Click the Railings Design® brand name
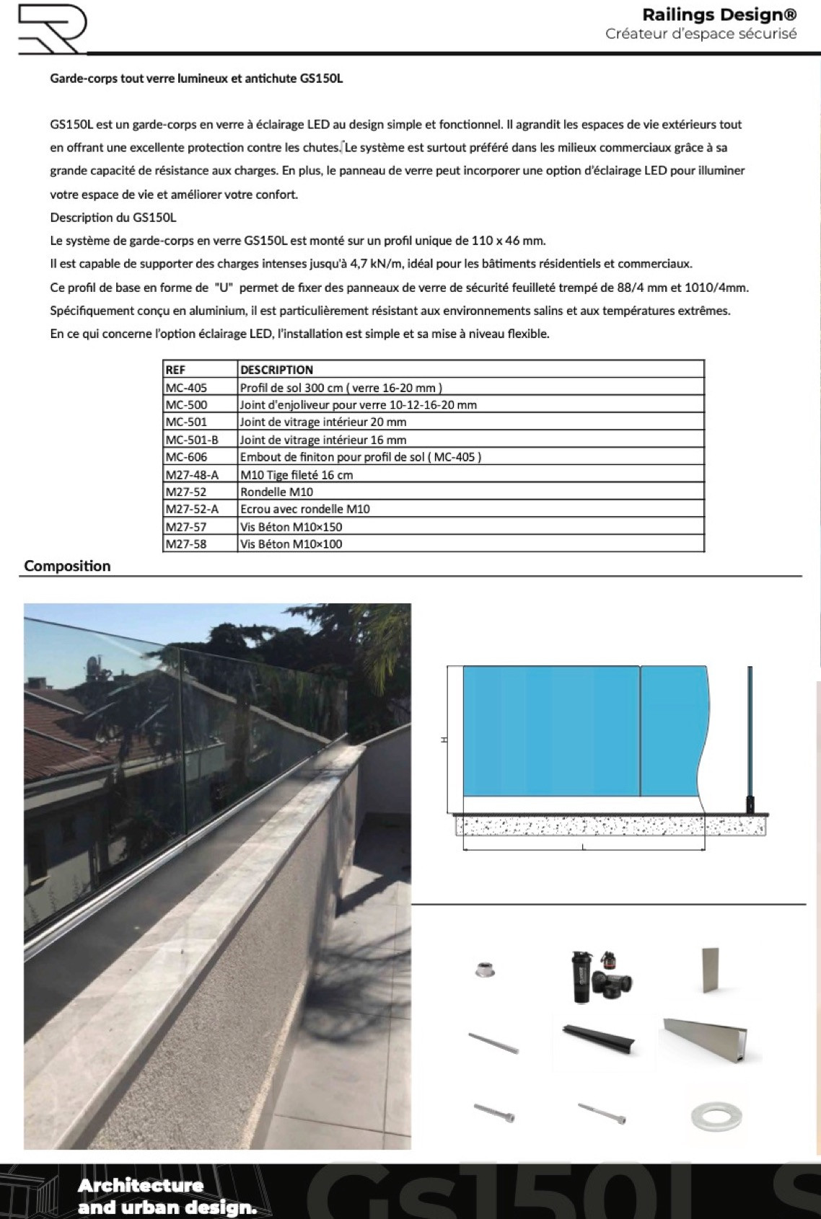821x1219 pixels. pos(719,15)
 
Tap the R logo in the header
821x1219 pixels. pos(52,29)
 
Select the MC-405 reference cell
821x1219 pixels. pos(186,388)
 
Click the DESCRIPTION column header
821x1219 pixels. pos(276,370)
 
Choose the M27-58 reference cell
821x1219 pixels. pos(186,544)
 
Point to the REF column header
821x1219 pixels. pos(175,370)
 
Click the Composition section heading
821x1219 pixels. pos(67,566)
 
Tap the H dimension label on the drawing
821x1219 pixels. pos(444,740)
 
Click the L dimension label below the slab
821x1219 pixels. pos(583,847)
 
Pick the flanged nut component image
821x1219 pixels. pos(480,970)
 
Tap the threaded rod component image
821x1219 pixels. pos(493,1042)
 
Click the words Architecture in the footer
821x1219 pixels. pos(141,1186)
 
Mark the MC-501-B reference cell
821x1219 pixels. pos(192,440)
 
